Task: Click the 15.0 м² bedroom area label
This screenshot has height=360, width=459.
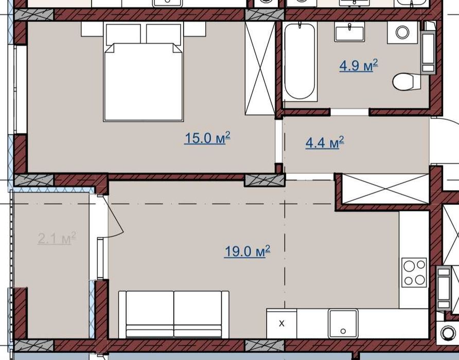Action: point(207,138)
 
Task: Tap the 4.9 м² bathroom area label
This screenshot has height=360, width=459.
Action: point(359,65)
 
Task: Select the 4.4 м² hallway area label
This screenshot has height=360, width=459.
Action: point(325,142)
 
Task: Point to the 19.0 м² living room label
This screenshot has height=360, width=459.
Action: point(248,251)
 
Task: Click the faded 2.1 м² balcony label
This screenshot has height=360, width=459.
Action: point(57,238)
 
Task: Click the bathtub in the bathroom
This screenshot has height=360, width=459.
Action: point(300,62)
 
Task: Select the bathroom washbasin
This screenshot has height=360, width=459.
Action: point(349,32)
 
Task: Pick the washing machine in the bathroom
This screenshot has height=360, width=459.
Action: point(402,32)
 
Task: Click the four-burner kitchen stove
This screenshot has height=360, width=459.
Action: point(414,273)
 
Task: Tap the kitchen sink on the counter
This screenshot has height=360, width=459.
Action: point(343,323)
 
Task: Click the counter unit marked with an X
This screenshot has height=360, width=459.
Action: point(281,323)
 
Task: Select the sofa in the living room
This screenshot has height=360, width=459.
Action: point(174,315)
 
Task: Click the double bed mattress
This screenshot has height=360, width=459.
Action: point(144,82)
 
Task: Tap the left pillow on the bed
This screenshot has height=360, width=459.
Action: point(123,34)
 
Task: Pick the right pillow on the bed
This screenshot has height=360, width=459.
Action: point(163,34)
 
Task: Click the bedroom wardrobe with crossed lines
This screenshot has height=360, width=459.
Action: point(260,68)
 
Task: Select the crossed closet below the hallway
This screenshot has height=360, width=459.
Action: point(385,189)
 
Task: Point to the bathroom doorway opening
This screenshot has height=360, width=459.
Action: point(349,112)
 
